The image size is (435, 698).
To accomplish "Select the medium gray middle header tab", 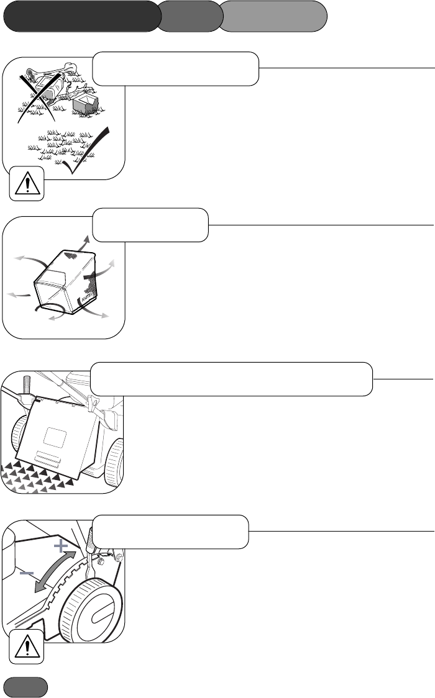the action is pos(190,16).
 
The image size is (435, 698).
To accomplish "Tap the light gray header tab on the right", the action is pos(274,16).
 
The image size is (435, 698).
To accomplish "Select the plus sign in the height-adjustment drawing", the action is pos(60,546).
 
